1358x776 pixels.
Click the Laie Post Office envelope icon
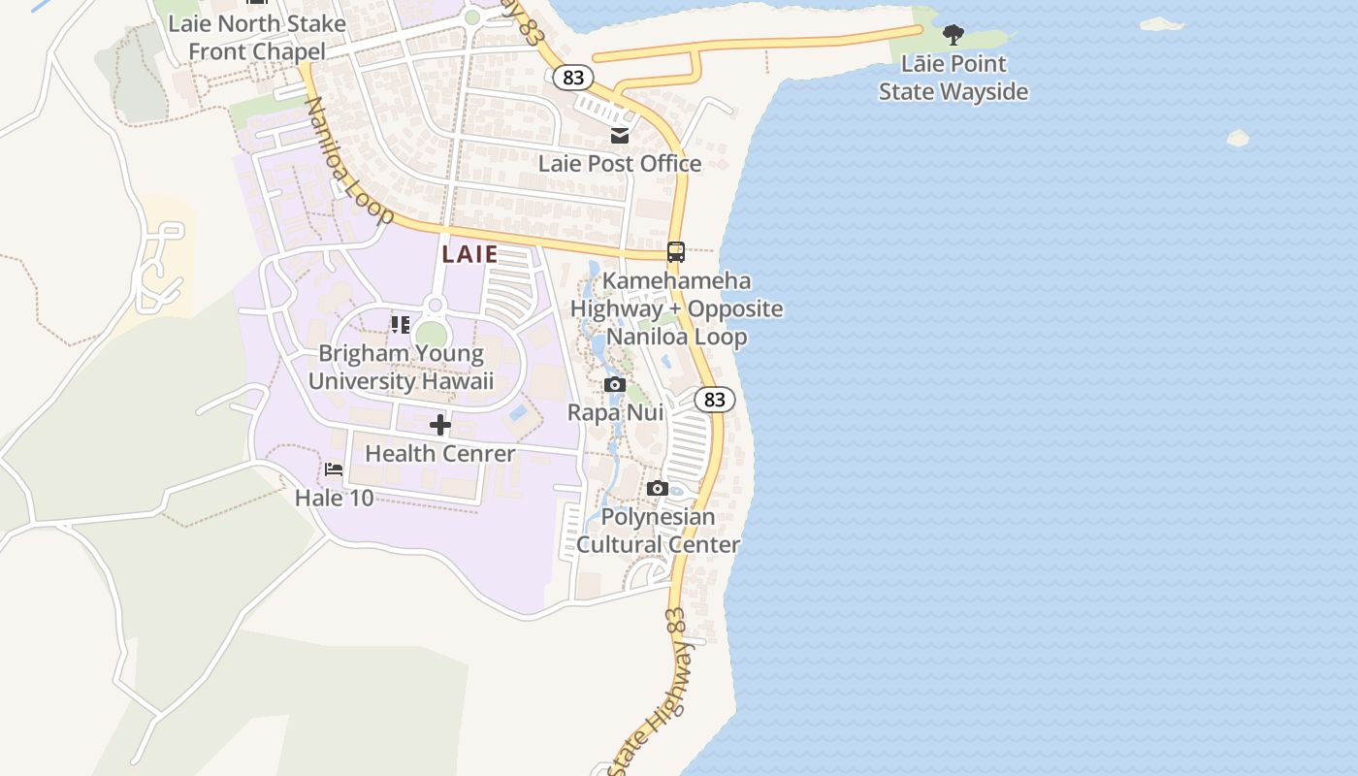(x=620, y=136)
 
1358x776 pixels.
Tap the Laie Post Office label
(x=620, y=163)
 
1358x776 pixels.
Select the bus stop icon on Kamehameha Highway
(x=676, y=252)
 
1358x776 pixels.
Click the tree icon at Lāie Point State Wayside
(x=954, y=35)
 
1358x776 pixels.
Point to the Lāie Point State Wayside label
(x=954, y=78)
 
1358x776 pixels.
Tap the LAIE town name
(x=470, y=254)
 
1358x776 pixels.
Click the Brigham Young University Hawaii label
(x=401, y=367)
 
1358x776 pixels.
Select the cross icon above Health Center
(x=440, y=425)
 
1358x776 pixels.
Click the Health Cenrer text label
(x=440, y=453)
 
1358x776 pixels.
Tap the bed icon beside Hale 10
(x=334, y=469)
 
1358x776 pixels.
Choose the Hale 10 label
(x=334, y=498)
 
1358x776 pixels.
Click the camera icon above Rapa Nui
(x=615, y=385)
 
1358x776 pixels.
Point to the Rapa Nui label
(x=615, y=412)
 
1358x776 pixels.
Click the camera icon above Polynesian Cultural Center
(x=658, y=488)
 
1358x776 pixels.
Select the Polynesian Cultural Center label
(x=658, y=531)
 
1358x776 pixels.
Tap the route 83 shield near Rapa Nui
(x=715, y=400)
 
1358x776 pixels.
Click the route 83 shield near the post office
(x=574, y=78)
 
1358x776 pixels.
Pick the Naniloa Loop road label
(x=349, y=160)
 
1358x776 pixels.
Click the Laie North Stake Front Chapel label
(x=257, y=37)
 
